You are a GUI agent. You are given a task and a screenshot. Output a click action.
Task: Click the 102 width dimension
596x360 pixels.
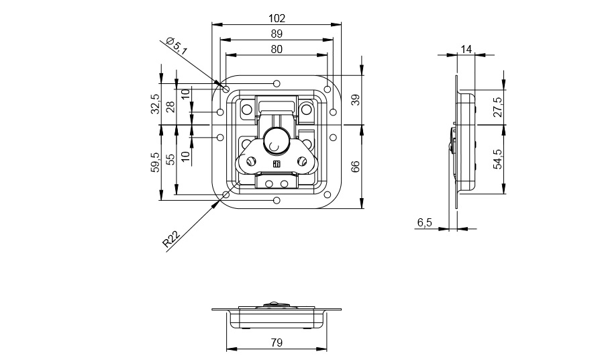coord(277,18)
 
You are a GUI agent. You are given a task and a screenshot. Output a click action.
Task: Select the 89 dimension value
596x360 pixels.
coord(277,34)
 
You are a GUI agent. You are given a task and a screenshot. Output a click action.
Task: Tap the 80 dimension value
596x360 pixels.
coord(277,50)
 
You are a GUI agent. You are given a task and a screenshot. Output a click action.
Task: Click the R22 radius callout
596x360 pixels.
coord(170,239)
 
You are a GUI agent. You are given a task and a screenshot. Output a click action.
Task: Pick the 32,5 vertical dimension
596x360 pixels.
coord(156,104)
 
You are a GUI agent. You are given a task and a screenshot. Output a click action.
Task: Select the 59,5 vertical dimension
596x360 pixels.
coord(156,163)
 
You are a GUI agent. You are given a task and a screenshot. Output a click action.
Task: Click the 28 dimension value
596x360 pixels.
coord(170,106)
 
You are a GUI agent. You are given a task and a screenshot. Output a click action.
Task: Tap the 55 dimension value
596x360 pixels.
coord(170,159)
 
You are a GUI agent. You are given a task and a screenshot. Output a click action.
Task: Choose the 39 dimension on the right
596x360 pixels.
coord(355,101)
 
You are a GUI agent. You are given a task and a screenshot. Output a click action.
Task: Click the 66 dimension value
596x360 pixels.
coord(355,167)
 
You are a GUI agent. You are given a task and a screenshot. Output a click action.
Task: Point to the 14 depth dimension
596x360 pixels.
coord(466,49)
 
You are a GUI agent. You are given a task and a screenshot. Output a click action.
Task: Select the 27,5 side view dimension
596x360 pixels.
coord(498,107)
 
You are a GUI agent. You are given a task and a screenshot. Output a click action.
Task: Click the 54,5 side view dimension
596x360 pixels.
coord(498,159)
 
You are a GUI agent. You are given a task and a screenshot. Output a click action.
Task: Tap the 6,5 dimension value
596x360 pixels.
coord(425,222)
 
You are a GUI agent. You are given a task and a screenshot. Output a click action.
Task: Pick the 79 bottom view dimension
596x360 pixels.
coord(277,343)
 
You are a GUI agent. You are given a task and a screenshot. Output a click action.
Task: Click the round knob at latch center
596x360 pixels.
coord(274,142)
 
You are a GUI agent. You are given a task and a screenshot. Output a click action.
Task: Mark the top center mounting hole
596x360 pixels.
coord(277,83)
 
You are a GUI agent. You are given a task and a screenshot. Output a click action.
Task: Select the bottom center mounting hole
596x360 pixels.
coord(277,200)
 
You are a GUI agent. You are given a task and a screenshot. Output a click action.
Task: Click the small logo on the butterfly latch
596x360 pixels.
coord(277,165)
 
